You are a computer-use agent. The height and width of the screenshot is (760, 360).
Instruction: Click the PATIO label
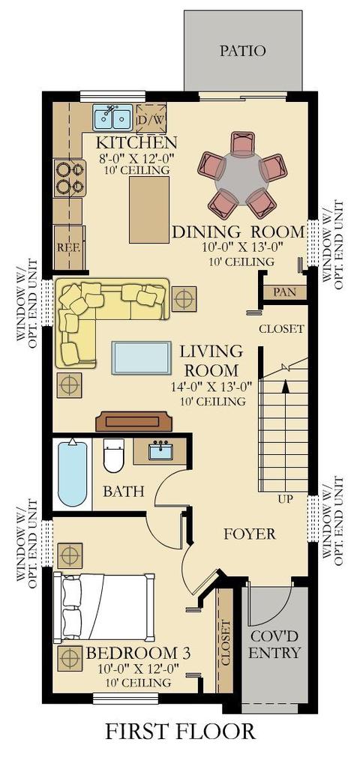242,50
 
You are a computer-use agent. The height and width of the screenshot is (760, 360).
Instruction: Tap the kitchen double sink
113,116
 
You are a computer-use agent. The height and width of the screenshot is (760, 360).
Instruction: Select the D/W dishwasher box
151,118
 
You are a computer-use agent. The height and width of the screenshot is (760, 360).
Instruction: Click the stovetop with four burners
70,178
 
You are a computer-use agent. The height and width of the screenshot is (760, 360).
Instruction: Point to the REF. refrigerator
70,247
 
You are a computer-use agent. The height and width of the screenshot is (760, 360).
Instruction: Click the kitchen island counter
149,209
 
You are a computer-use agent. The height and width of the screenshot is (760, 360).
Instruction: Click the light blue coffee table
141,358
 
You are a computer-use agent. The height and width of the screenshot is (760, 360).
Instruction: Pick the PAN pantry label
285,292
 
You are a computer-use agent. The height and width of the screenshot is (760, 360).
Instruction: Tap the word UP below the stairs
286,498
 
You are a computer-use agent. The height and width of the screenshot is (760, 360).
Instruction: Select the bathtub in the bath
72,473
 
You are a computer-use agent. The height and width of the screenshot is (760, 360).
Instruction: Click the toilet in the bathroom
114,455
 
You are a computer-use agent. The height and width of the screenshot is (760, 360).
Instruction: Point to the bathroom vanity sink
160,451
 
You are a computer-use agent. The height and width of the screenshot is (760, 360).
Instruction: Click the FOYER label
250,534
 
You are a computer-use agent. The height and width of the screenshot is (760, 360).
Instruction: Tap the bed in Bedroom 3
103,607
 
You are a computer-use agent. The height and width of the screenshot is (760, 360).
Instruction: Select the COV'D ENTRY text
274,644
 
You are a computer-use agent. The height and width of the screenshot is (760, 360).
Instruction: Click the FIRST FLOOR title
180,731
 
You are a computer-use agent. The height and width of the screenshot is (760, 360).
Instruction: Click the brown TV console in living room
134,421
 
